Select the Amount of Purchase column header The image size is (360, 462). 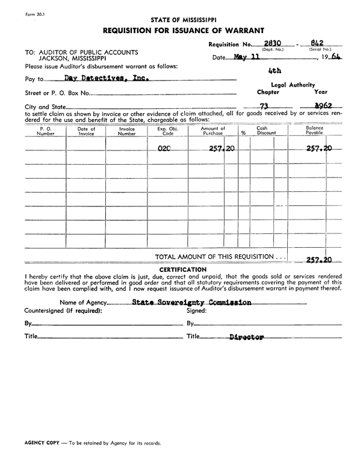213,131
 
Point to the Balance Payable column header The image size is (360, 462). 314,131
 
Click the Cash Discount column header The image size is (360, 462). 262,131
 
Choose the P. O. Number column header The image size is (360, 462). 45,131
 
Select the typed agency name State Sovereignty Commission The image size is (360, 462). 191,303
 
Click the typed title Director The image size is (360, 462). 246,337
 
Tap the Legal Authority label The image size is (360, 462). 293,85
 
